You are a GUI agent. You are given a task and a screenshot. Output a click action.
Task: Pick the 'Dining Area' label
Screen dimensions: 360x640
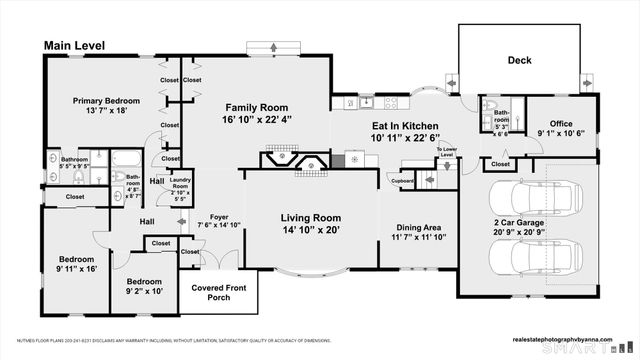tap(418, 226)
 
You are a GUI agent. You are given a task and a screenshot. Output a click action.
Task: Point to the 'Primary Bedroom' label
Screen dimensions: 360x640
tap(105, 101)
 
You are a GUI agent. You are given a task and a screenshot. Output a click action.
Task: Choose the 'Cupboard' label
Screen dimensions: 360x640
tap(403, 182)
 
